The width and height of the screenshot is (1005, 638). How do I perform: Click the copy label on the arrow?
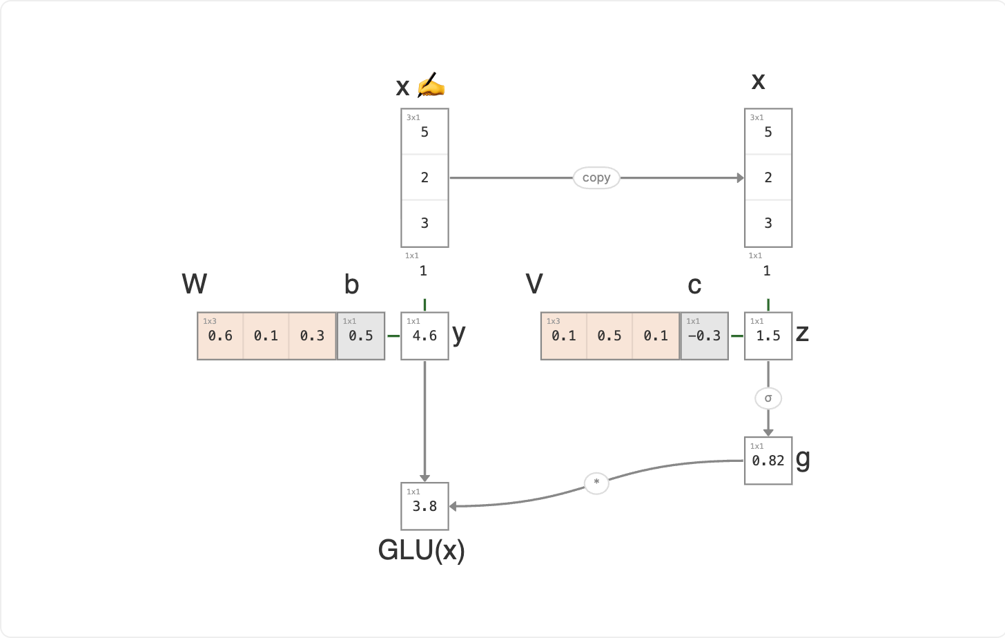[x=596, y=177]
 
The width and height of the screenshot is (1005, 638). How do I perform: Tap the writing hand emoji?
[x=431, y=84]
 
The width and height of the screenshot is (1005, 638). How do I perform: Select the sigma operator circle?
[x=768, y=398]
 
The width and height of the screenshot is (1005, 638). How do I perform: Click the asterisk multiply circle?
[x=596, y=483]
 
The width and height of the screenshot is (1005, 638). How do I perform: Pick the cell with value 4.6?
[x=425, y=336]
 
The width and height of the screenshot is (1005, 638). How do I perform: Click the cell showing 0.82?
[x=768, y=461]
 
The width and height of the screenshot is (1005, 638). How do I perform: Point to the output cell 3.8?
[x=425, y=506]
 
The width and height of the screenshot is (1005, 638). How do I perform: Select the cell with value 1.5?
[x=768, y=336]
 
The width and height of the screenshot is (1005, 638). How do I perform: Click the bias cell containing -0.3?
[x=704, y=336]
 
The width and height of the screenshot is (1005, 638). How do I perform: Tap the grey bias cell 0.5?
[x=361, y=336]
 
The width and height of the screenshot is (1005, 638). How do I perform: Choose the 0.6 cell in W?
[x=220, y=336]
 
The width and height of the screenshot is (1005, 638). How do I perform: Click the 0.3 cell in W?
[x=312, y=336]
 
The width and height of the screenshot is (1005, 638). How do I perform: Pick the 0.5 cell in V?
[x=609, y=336]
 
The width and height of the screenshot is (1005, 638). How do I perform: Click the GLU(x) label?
[x=421, y=550]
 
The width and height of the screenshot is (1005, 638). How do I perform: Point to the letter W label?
[x=194, y=284]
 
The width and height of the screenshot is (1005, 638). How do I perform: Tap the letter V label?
[x=534, y=284]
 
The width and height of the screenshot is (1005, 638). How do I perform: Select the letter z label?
[x=802, y=333]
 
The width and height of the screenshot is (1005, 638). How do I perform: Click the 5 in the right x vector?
[x=768, y=132]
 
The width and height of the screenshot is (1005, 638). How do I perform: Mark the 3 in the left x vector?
[x=425, y=223]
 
